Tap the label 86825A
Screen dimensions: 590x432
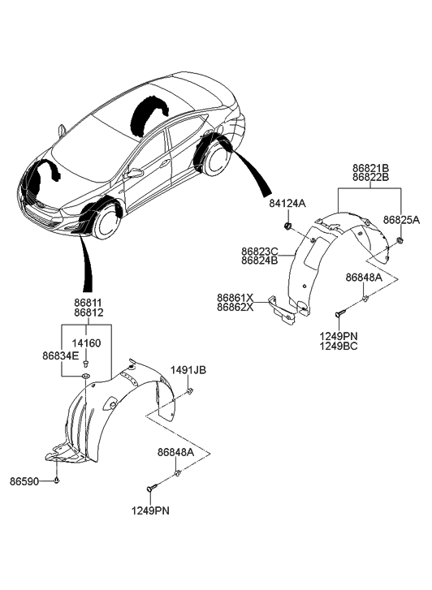(401, 219)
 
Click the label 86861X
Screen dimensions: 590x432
(235, 297)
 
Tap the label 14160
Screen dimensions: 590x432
(88, 343)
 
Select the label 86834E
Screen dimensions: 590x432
(61, 355)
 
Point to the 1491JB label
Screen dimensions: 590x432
(188, 371)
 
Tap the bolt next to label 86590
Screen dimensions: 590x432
(58, 481)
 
